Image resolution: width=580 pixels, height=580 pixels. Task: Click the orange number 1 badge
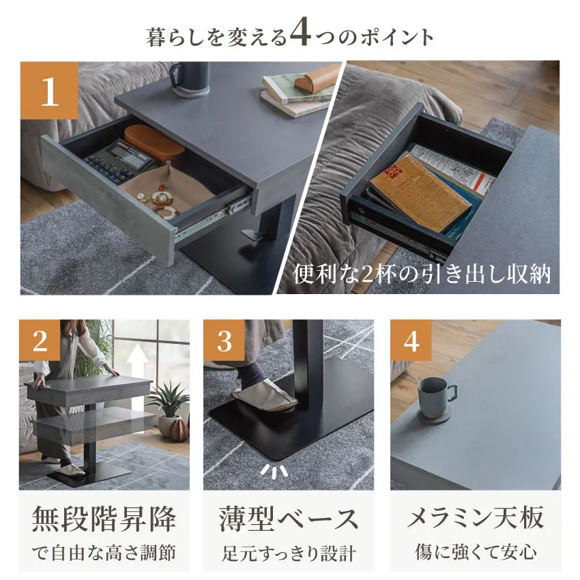(49, 91)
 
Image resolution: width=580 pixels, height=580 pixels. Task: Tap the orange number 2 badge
(40, 340)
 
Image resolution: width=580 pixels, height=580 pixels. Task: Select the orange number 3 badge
(224, 340)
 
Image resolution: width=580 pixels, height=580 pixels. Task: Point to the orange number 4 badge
(411, 340)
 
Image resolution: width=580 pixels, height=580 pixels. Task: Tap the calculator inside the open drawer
(117, 161)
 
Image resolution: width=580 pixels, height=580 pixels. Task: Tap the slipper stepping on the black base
(265, 398)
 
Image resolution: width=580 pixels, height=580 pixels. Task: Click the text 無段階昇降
(104, 519)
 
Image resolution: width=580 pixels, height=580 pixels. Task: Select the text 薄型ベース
(289, 519)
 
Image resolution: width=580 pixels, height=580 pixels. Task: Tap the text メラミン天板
(476, 517)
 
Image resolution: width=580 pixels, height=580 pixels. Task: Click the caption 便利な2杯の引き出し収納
(422, 274)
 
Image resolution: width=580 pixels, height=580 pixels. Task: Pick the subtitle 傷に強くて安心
(476, 552)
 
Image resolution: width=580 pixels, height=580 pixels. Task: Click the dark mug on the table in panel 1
(190, 79)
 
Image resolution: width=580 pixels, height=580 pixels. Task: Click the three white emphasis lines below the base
(274, 470)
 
